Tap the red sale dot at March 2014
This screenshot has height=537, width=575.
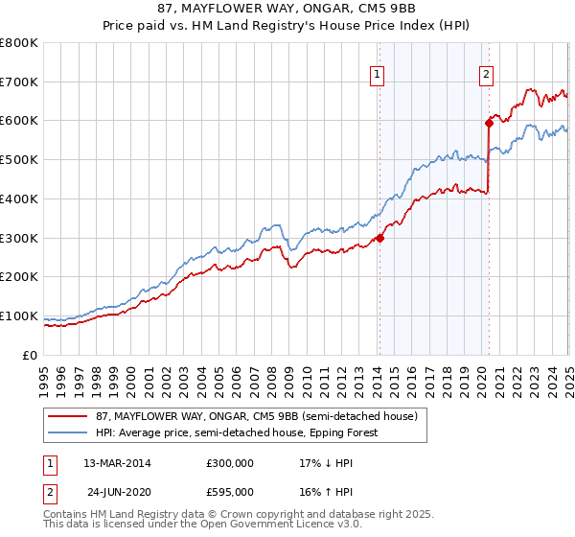pos(379,238)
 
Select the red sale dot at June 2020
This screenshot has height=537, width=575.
pos(489,122)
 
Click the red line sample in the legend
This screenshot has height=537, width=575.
pos(67,417)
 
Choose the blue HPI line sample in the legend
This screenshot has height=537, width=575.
pos(67,432)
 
